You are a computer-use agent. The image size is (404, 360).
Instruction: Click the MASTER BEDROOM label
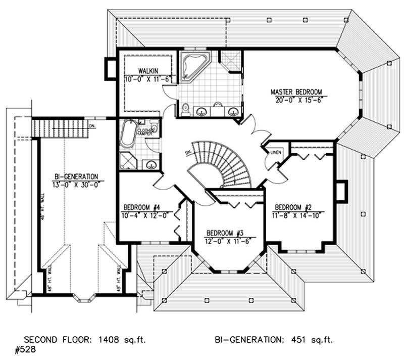click(296, 92)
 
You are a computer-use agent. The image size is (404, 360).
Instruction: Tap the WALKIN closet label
click(147, 71)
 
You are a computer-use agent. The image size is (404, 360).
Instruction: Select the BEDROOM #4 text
click(142, 207)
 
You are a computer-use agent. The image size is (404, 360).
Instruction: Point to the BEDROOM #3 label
click(225, 233)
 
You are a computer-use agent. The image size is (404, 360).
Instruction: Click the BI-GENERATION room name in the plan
click(76, 176)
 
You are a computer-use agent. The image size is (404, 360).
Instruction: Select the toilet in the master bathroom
click(185, 108)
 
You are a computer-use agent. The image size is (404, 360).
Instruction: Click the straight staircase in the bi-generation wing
click(61, 126)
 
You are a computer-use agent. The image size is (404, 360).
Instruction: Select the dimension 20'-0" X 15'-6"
click(296, 100)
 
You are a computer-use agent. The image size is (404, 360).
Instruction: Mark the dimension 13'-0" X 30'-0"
click(76, 184)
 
